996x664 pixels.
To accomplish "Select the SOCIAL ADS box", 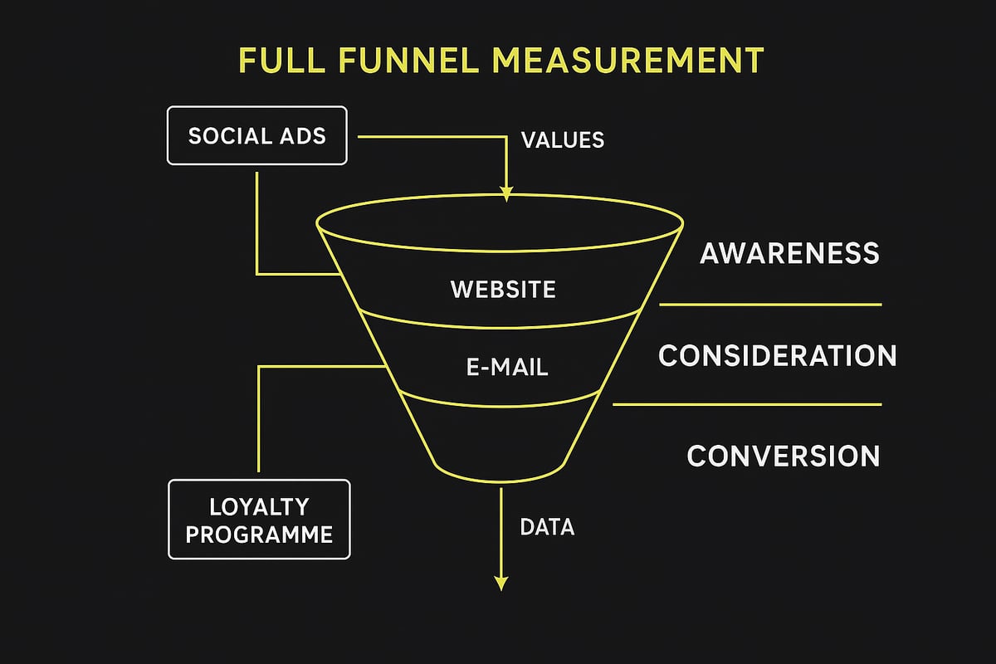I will [x=257, y=135].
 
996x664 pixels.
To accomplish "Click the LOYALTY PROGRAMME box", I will [x=259, y=520].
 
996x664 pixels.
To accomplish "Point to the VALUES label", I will [x=563, y=139].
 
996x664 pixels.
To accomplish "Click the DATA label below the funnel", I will [x=546, y=526].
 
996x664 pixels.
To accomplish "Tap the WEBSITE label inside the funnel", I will [x=503, y=290].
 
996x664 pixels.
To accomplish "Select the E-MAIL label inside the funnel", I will [x=507, y=367].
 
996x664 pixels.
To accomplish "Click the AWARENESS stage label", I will [x=789, y=253].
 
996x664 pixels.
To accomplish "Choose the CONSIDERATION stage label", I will [x=778, y=355].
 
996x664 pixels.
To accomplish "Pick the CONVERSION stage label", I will [x=784, y=456].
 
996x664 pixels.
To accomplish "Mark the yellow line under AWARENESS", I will [x=770, y=305].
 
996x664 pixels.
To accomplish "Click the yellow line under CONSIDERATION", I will [x=747, y=404].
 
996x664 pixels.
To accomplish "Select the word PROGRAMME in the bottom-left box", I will [x=259, y=534].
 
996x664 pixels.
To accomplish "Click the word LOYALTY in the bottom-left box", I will [x=259, y=505].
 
